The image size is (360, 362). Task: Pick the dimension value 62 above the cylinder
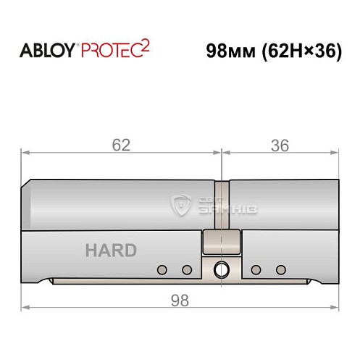(x=121, y=145)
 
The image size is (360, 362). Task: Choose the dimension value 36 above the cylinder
(x=279, y=145)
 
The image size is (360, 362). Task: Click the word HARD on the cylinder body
(x=111, y=251)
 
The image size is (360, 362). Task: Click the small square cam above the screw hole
(x=214, y=240)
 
